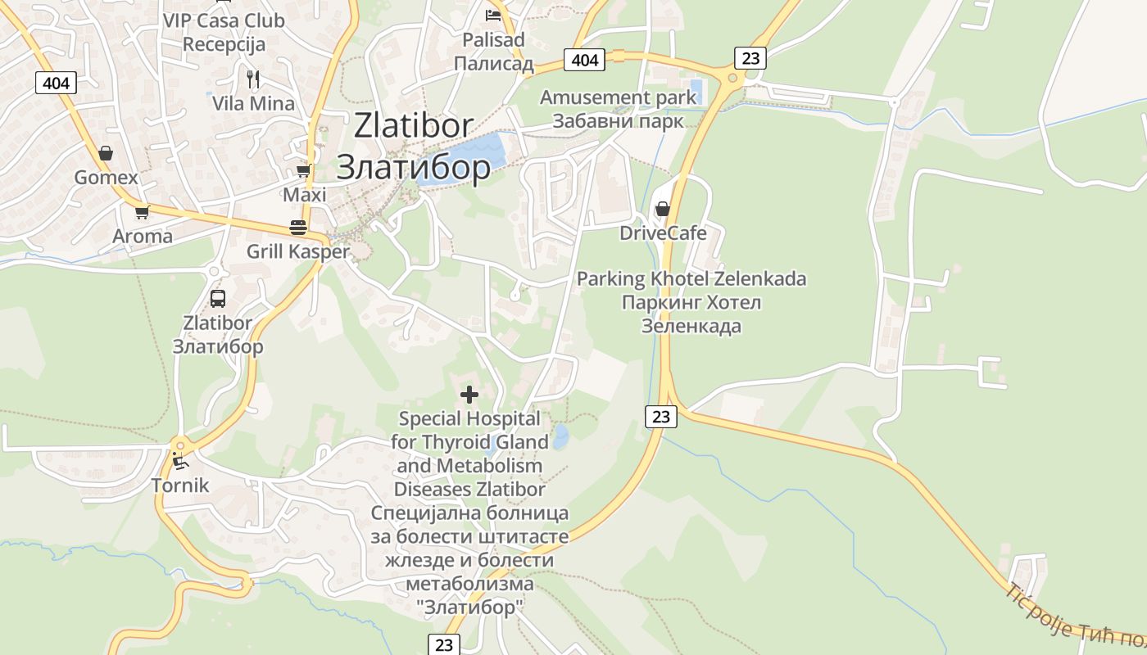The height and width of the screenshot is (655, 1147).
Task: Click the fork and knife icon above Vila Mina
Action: click(253, 79)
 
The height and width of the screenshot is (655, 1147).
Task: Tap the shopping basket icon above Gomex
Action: click(106, 153)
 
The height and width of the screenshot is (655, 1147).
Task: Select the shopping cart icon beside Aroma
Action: click(142, 213)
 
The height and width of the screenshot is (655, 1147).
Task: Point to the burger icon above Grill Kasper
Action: click(298, 228)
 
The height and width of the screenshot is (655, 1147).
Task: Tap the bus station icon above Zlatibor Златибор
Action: click(218, 299)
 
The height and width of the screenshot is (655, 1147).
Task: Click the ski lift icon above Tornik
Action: click(179, 462)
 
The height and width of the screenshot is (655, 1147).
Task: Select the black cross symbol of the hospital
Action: click(469, 395)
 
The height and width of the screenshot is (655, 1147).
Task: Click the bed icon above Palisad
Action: click(493, 16)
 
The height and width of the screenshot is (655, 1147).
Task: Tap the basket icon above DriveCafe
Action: click(663, 209)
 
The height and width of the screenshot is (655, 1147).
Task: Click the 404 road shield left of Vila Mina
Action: click(57, 83)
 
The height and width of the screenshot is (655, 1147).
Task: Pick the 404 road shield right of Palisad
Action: click(585, 60)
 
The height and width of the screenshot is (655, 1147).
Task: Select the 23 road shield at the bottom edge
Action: click(443, 645)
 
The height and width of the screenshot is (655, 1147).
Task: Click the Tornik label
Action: click(180, 486)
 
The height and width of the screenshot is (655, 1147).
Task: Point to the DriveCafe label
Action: click(663, 233)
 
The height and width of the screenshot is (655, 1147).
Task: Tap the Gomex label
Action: click(106, 178)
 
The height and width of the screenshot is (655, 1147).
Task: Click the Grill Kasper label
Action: click(298, 252)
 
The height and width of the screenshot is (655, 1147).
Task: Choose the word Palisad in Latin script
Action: click(493, 40)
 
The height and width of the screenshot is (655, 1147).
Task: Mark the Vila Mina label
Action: click(253, 104)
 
